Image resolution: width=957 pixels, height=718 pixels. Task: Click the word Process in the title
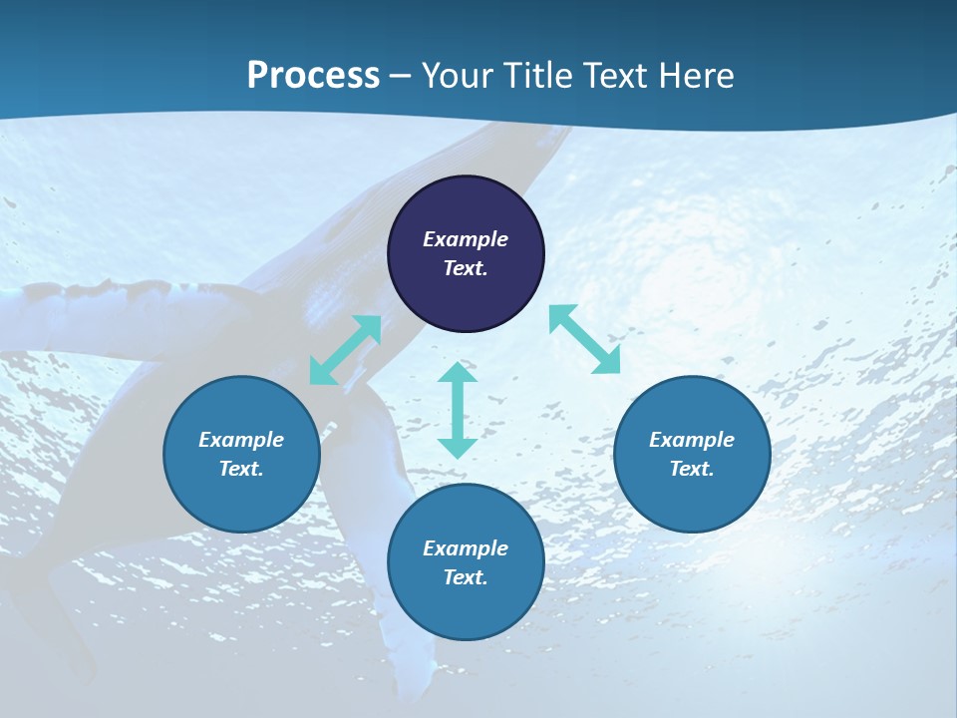coord(313,76)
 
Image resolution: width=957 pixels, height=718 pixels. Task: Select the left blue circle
coord(241,454)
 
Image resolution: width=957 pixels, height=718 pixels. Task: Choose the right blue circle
coord(692,454)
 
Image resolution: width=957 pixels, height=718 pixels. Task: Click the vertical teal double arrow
coord(458,410)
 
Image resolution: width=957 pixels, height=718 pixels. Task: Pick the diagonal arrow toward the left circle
coord(345,350)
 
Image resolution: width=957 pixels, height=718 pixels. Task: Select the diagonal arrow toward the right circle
coord(584,339)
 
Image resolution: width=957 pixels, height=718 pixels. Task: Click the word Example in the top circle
coord(466,239)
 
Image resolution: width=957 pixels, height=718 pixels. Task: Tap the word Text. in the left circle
coord(241,469)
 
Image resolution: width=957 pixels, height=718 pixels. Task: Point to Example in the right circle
coord(692,440)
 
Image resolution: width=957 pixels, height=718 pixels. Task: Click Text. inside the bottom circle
coord(466,577)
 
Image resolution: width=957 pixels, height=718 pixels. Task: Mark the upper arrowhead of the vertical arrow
coord(458,373)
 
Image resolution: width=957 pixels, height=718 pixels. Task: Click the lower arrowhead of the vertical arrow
coord(458,447)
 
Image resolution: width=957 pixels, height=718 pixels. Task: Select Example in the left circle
coord(241,440)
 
